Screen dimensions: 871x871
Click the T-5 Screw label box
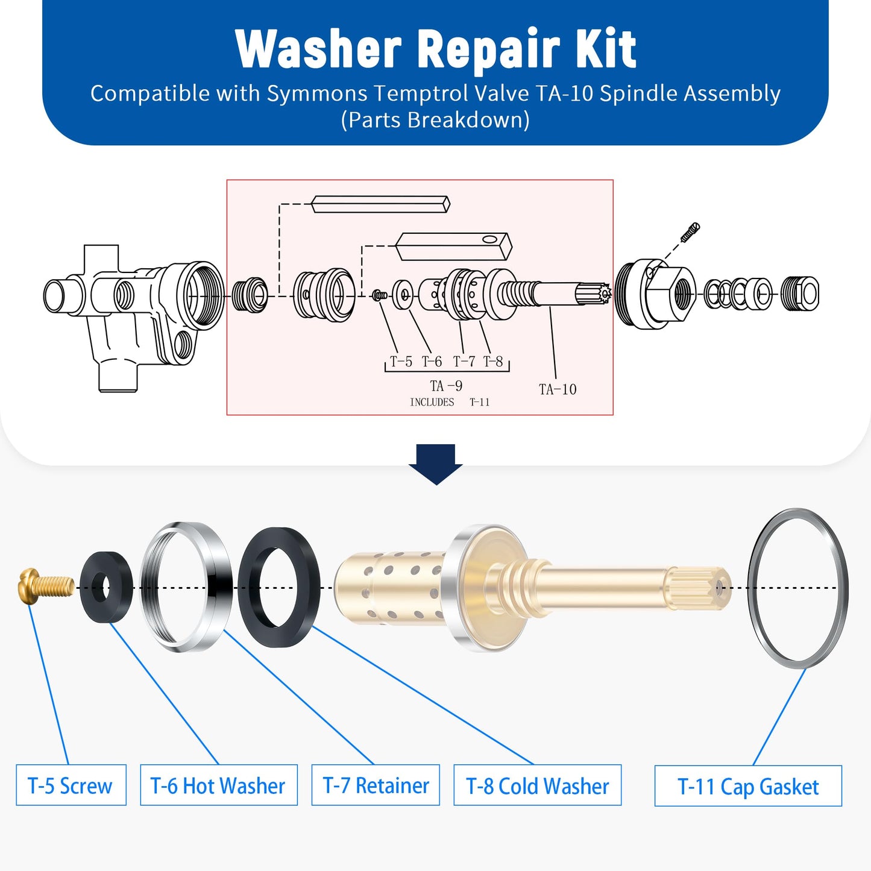point(71,785)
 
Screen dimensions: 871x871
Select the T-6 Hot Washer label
point(218,785)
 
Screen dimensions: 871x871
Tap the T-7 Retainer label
point(376,785)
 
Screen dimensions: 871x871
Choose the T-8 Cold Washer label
point(537,785)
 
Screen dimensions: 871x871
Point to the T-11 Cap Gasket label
point(748,786)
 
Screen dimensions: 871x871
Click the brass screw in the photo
point(45,585)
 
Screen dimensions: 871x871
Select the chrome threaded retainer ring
point(187,586)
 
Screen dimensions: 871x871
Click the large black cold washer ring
point(279,588)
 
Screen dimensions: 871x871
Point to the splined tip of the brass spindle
point(699,587)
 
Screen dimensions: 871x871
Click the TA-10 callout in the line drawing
point(558,389)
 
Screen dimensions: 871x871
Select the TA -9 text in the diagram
point(446,386)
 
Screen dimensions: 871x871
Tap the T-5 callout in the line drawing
point(401,362)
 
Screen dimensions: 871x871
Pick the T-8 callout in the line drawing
point(493,362)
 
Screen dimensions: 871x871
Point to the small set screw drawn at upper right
point(690,232)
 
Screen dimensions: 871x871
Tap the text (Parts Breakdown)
point(435,120)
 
